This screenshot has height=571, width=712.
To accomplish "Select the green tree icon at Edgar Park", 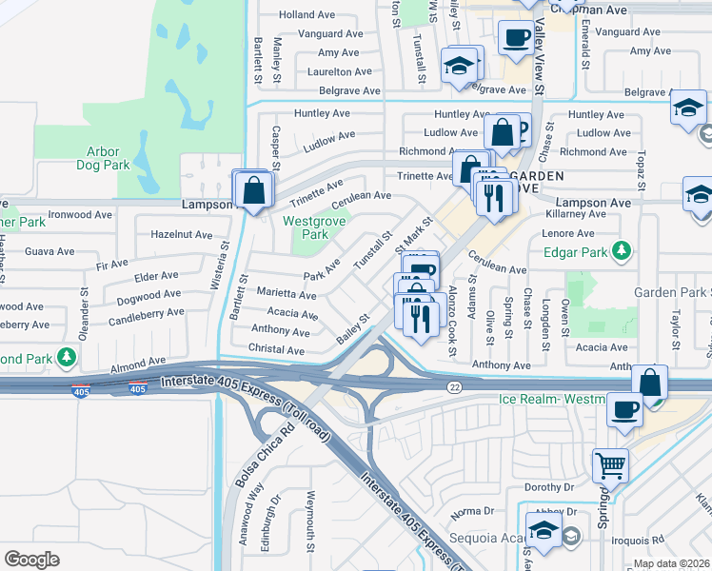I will (x=622, y=251).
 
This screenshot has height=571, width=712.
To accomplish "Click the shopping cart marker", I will (x=610, y=466).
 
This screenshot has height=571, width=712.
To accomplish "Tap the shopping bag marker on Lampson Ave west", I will (x=253, y=188).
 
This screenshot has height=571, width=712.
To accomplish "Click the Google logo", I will (x=31, y=560).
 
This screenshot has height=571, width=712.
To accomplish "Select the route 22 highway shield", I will (x=455, y=386).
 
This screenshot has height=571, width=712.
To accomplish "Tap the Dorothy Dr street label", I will (x=549, y=486).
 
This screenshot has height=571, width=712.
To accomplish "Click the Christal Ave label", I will (x=278, y=350).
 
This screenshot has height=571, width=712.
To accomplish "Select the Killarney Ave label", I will (x=576, y=214).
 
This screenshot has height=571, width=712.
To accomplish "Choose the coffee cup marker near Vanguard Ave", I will (x=517, y=38).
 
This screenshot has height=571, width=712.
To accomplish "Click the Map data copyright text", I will (x=672, y=563).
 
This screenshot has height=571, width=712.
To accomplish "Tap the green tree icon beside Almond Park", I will (x=67, y=358).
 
